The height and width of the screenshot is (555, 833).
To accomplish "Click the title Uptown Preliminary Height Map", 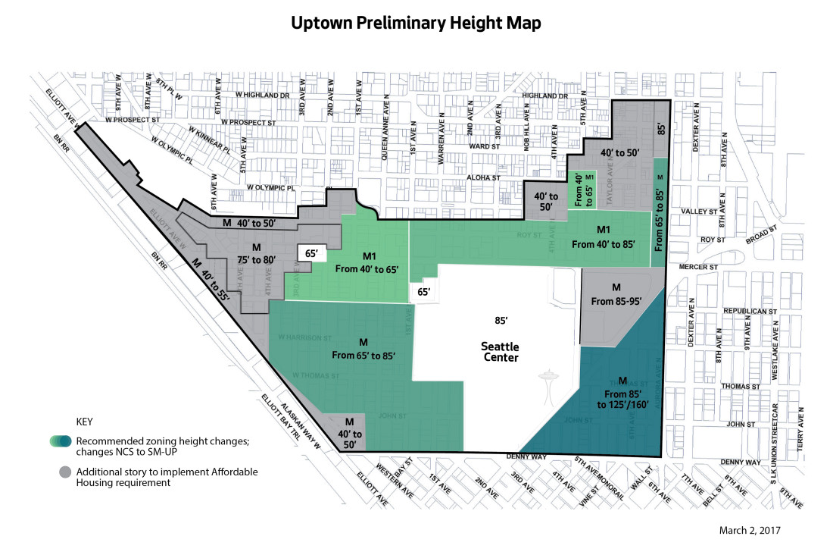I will (416, 24).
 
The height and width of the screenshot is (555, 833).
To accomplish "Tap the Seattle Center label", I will (500, 352).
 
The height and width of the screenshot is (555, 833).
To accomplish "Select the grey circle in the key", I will (66, 472).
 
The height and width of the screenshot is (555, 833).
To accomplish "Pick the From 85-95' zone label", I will (616, 295).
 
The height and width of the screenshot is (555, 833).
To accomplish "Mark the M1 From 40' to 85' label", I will (604, 237).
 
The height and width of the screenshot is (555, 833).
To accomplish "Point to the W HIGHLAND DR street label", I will (263, 96).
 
